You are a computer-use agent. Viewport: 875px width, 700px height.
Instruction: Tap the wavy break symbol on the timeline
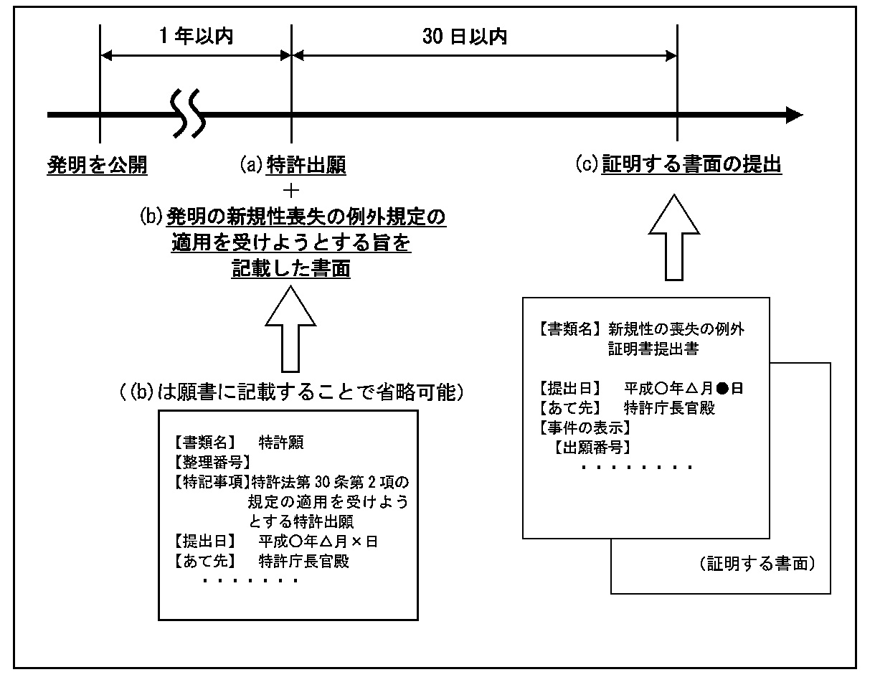(x=189, y=114)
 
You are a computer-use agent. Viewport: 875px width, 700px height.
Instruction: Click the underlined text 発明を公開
(x=97, y=166)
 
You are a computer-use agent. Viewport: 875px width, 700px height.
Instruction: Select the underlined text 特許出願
(x=306, y=166)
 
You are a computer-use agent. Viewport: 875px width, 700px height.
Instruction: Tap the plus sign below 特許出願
(x=291, y=190)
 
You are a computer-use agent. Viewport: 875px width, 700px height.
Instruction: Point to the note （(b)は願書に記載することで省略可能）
(x=290, y=392)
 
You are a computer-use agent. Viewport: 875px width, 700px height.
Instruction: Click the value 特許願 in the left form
(x=281, y=443)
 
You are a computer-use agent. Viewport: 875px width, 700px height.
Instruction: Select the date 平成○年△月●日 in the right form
(x=683, y=389)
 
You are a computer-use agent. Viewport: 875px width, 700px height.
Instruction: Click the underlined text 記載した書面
(x=291, y=269)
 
